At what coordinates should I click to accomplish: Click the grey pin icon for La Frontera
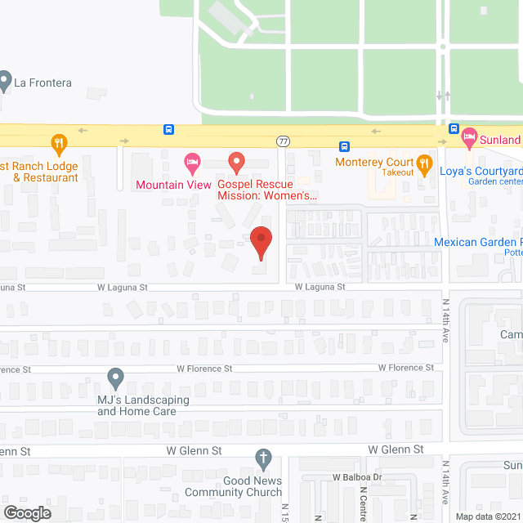coord(6,81)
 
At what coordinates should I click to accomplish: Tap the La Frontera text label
coord(42,83)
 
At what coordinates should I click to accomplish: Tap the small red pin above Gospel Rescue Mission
coord(236,163)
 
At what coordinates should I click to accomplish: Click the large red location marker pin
coord(260,242)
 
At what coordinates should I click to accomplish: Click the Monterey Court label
coord(374,162)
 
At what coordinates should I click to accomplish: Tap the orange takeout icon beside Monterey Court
coord(424,163)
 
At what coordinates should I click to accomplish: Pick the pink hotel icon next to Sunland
coord(469,138)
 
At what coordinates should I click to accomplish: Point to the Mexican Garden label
coord(478,242)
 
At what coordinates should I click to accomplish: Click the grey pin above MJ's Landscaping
coord(116,378)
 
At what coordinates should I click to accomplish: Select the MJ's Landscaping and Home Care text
coord(143,405)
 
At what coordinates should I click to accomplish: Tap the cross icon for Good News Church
coord(263,458)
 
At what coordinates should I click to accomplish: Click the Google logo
coord(26,512)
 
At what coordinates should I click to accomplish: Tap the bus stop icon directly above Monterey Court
coord(345,146)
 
